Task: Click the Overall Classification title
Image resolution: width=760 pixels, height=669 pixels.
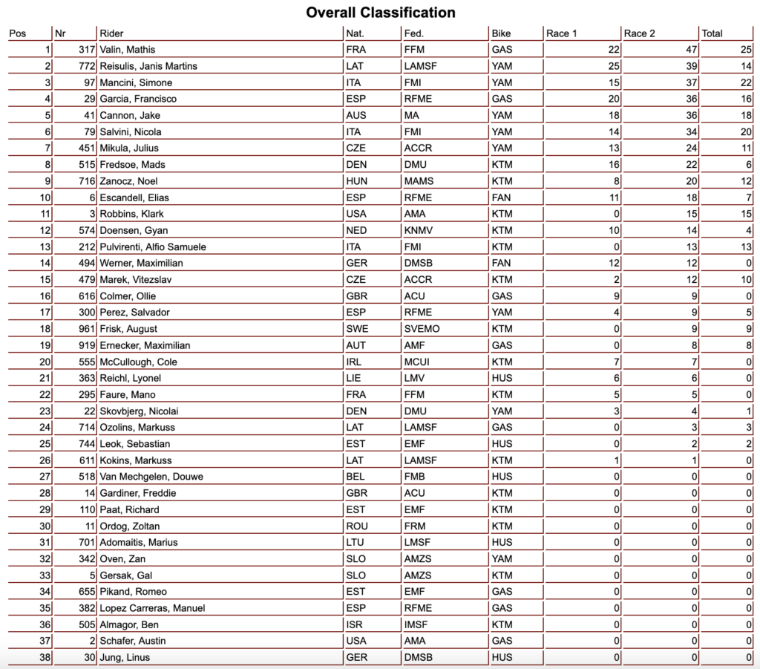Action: [x=381, y=13]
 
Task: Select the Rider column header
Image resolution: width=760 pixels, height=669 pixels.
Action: [x=111, y=33]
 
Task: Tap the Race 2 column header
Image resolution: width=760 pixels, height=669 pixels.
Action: [x=639, y=33]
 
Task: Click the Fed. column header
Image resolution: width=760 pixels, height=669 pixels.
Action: [x=413, y=33]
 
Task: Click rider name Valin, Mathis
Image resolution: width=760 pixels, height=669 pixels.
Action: [x=128, y=50]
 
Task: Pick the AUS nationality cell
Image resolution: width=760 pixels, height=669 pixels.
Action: [x=356, y=115]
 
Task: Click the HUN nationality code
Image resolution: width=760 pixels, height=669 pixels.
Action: [x=356, y=181]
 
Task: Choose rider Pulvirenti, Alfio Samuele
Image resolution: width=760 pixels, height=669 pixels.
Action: [x=153, y=247]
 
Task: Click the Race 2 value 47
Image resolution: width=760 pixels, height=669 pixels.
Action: [x=689, y=50]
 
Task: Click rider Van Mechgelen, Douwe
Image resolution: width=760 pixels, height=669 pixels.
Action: [x=151, y=477]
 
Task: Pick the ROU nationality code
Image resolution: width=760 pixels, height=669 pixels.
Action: [x=356, y=526]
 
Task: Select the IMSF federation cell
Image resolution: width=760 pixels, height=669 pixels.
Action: [x=416, y=624]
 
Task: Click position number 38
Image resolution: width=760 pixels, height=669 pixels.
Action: [x=44, y=657]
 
